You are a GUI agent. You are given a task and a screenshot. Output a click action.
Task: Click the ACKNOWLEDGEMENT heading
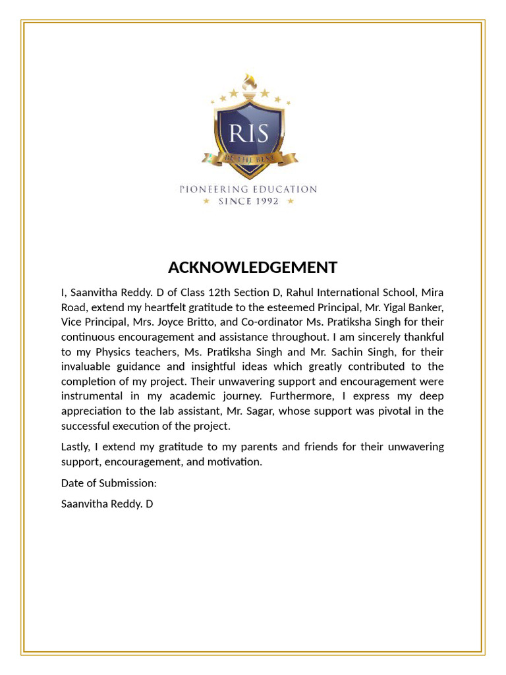click(252, 267)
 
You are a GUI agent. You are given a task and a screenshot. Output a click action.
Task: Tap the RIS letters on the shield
click(249, 133)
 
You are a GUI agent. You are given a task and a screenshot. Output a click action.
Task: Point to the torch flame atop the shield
click(249, 83)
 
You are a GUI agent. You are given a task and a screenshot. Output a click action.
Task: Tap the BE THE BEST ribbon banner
click(250, 159)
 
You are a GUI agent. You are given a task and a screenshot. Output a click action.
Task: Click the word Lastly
click(77, 447)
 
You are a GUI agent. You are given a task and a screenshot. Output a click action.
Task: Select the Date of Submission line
click(109, 483)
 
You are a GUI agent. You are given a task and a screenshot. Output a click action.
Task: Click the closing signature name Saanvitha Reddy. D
click(107, 504)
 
